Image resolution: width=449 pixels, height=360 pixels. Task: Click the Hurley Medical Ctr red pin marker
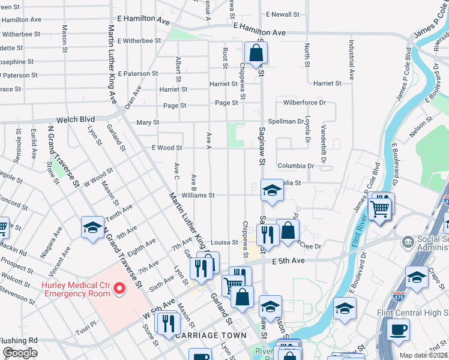(119, 289)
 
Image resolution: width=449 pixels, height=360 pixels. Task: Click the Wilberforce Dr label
(304, 103)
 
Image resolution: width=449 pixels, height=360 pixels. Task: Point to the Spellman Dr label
(288, 121)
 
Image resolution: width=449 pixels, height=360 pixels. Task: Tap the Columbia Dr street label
(295, 166)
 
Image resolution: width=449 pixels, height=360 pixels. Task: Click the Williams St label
(199, 195)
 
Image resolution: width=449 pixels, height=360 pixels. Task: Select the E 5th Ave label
(288, 261)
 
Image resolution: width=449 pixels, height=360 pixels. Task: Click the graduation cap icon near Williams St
(272, 191)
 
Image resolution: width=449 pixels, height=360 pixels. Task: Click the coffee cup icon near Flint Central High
(397, 329)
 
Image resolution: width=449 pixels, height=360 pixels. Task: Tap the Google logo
(20, 353)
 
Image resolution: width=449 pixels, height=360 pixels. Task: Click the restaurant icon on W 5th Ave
(166, 323)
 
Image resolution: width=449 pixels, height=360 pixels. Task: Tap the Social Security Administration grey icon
(408, 241)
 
